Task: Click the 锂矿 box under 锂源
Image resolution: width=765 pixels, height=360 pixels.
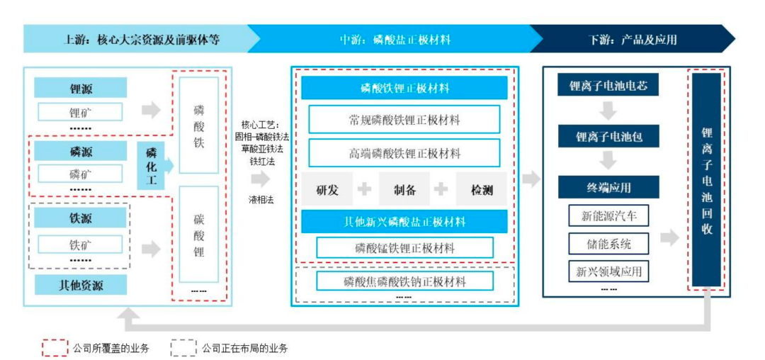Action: click(80, 112)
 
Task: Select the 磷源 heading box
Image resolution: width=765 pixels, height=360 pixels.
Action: click(81, 152)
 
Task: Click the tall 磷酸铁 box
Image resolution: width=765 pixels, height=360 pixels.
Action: click(198, 125)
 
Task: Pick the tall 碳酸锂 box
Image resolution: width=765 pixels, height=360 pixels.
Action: click(198, 234)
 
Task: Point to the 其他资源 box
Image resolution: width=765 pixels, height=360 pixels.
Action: click(81, 284)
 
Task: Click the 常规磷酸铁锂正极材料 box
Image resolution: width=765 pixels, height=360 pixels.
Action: click(404, 119)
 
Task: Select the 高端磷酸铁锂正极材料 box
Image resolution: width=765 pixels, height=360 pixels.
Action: click(404, 152)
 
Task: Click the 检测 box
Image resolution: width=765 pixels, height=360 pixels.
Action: click(482, 190)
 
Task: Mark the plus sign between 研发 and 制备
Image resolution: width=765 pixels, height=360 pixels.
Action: click(365, 189)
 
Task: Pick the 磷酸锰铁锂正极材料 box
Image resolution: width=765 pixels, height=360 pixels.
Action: click(404, 247)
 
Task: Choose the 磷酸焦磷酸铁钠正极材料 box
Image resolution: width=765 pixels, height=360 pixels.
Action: click(404, 281)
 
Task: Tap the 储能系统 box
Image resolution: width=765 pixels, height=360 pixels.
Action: click(608, 243)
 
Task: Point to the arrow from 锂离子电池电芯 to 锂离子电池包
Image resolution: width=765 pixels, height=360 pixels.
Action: click(608, 111)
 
